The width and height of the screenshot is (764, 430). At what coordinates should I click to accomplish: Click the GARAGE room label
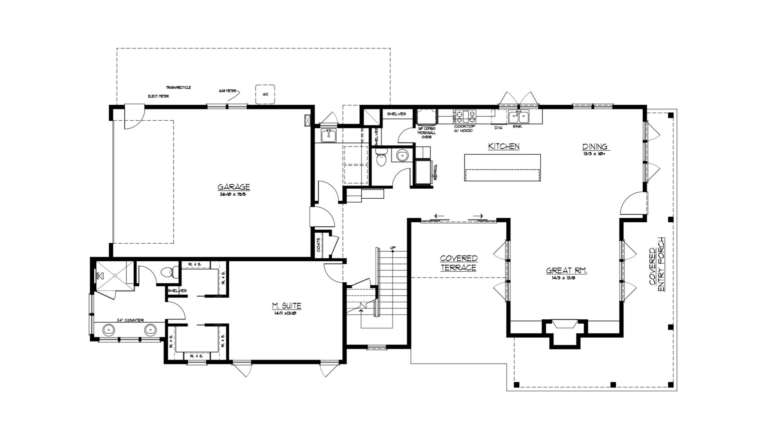(234, 187)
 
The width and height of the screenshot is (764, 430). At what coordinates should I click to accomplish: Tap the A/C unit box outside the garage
(265, 95)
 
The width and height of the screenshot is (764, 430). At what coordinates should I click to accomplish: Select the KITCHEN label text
(504, 147)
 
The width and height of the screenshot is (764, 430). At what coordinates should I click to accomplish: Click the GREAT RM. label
(566, 271)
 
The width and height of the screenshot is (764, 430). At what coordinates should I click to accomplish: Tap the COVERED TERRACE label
(458, 263)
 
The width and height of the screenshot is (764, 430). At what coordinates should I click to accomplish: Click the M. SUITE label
(286, 306)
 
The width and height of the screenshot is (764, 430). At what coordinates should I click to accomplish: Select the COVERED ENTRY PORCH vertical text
(657, 266)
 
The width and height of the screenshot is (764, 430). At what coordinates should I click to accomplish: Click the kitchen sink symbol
(518, 117)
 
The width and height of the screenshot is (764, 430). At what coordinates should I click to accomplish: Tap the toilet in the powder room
(381, 158)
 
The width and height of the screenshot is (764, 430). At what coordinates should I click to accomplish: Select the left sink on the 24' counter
(109, 330)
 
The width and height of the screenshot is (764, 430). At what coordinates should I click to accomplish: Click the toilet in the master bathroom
(169, 272)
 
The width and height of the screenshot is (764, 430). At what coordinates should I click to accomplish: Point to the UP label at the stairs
(393, 248)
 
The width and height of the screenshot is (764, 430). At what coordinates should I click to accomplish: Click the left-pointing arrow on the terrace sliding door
(439, 217)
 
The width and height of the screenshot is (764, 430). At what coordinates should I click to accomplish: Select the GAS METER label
(227, 91)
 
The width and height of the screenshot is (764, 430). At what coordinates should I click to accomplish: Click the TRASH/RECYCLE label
(178, 87)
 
